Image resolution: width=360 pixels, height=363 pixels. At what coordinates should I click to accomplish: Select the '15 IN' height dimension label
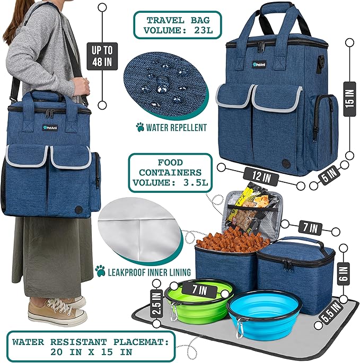348,98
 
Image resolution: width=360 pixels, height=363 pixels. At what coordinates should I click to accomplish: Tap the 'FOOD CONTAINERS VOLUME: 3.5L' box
167,172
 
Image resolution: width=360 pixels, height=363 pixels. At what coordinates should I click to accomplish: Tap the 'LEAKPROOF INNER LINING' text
150,272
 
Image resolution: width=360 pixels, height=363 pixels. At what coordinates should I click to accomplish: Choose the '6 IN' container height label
344,274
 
